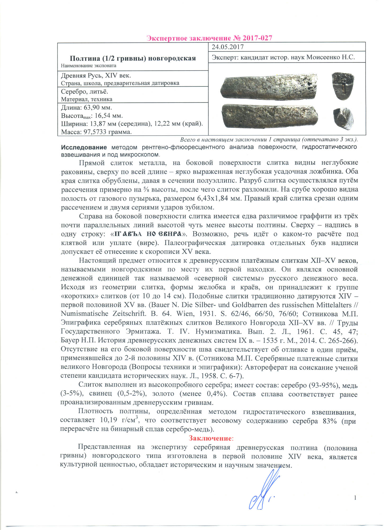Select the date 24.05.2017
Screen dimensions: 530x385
pos(228,47)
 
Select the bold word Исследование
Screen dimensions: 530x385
pos(84,147)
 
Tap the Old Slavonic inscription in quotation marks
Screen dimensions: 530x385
pos(148,234)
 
